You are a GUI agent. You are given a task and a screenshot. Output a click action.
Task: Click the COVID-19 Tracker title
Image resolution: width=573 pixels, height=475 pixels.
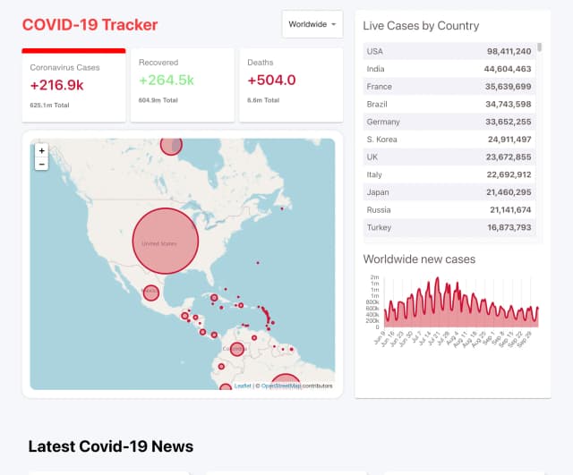[90, 25]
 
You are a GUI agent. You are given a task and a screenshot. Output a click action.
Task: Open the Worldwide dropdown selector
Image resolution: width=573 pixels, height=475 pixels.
[312, 24]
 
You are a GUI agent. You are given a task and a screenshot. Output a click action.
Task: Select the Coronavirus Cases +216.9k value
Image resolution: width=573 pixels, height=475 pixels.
[57, 85]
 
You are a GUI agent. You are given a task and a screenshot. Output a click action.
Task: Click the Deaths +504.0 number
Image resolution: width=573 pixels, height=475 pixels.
[271, 81]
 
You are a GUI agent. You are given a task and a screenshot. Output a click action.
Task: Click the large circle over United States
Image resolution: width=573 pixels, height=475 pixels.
[165, 242]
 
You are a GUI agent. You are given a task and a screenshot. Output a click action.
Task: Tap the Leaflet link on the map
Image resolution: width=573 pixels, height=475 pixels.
[243, 386]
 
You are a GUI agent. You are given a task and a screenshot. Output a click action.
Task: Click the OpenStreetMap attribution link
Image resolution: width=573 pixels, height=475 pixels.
[280, 386]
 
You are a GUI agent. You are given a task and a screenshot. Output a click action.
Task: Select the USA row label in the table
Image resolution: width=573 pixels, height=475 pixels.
[374, 51]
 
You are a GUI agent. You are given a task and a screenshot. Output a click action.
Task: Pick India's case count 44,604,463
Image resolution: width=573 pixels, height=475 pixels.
[508, 69]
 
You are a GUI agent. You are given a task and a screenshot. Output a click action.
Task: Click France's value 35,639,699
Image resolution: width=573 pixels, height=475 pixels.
[508, 87]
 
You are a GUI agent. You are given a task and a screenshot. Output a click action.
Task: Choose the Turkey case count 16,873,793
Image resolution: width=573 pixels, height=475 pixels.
[508, 228]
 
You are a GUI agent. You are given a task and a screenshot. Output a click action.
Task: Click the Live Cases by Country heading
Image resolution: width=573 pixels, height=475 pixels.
[421, 26]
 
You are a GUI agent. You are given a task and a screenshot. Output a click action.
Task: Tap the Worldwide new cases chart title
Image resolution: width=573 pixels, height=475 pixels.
[419, 259]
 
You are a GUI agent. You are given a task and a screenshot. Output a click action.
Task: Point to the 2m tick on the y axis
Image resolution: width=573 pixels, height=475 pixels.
[375, 277]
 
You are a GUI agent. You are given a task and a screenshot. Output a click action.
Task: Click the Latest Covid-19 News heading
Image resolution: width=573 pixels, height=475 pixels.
[110, 446]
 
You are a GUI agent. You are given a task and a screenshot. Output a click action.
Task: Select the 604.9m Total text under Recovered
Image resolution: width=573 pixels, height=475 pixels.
[158, 100]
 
